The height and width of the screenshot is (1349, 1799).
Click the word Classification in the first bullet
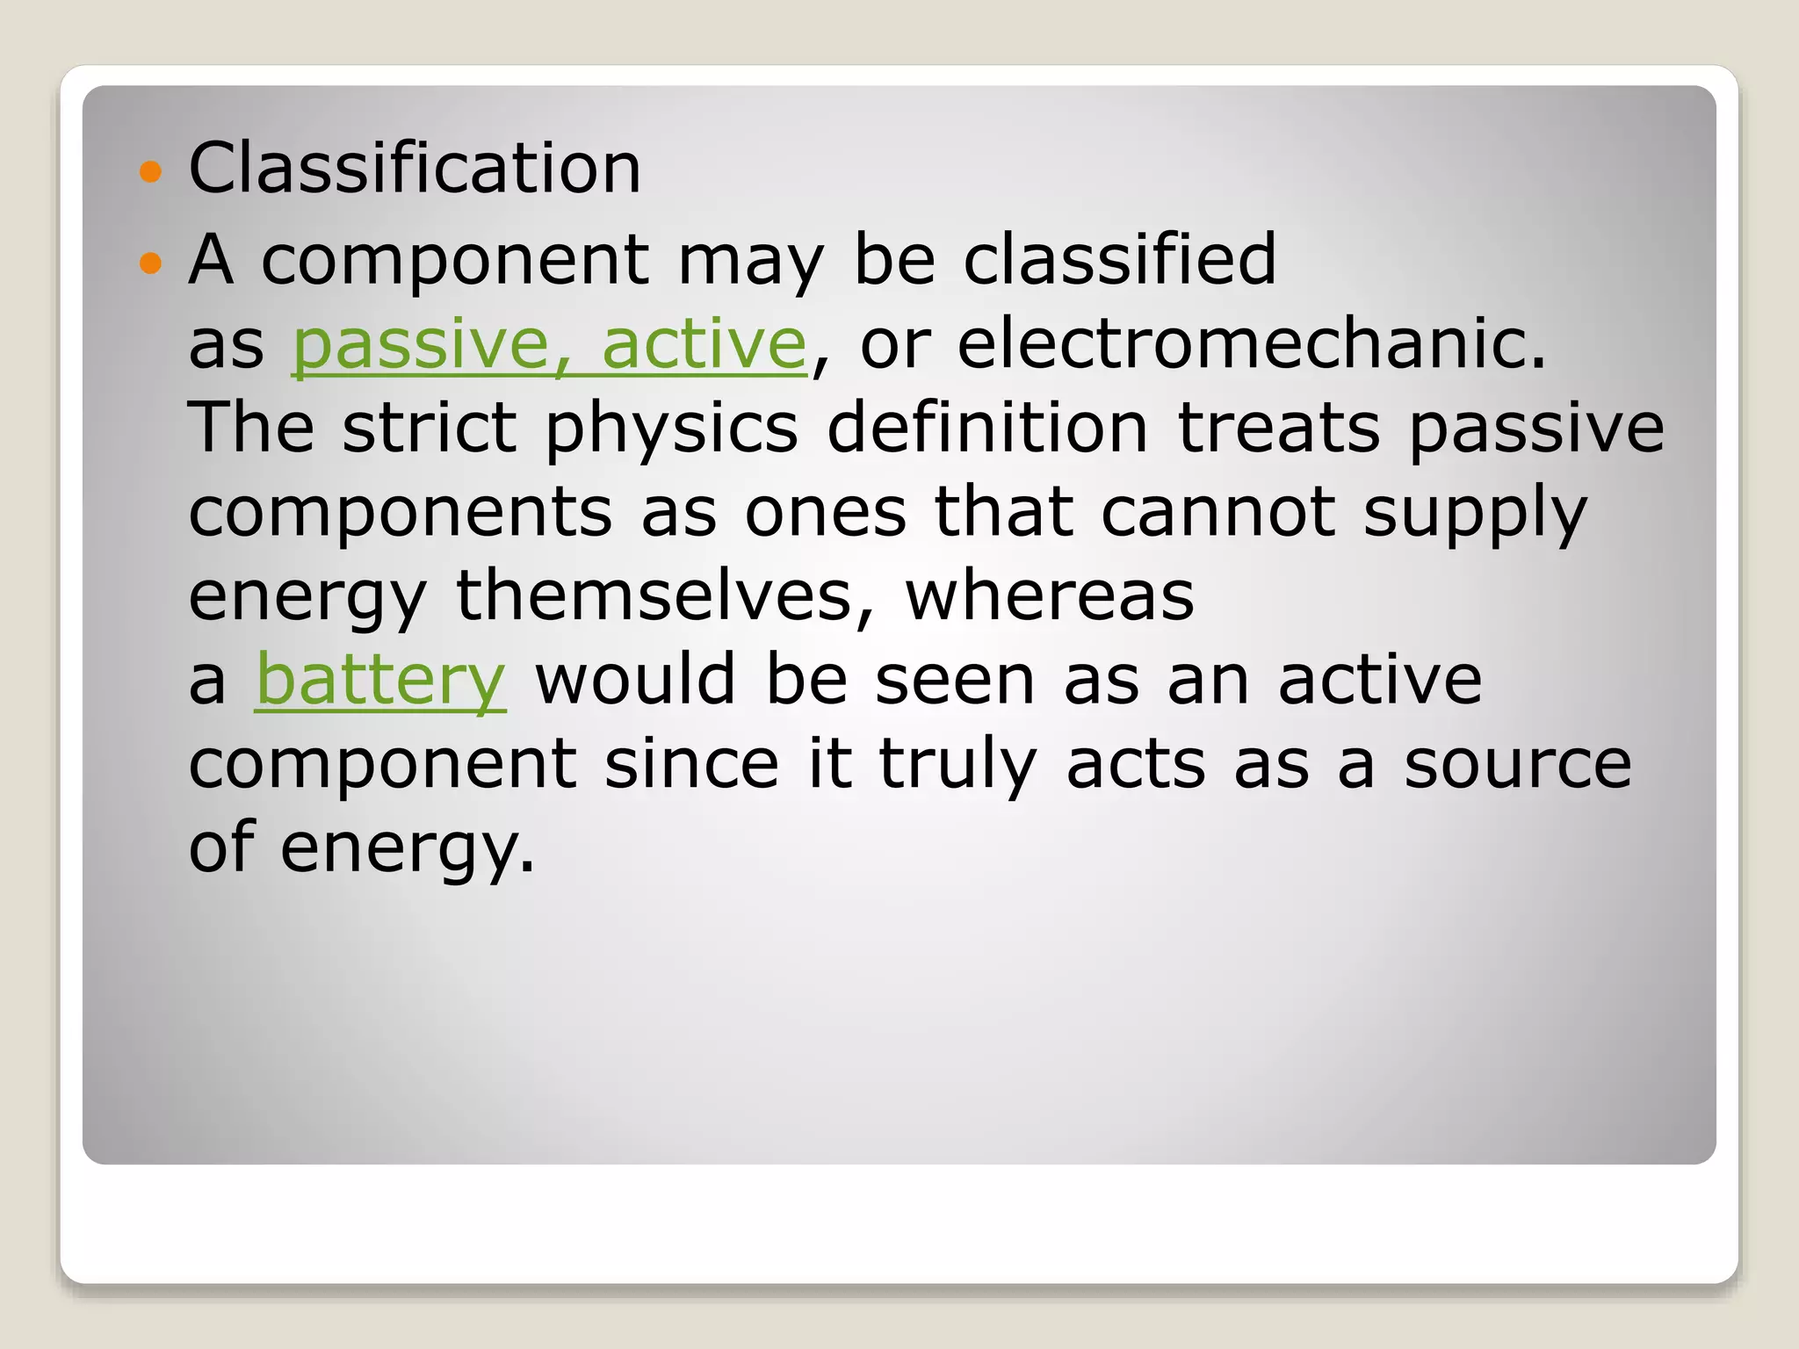pyautogui.click(x=415, y=168)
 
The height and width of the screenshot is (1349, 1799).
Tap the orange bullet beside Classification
pyautogui.click(x=151, y=170)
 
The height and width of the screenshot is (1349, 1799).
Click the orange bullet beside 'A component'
pyautogui.click(x=151, y=263)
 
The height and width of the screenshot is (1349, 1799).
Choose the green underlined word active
pyautogui.click(x=704, y=344)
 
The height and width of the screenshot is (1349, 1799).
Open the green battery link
pyautogui.click(x=380, y=680)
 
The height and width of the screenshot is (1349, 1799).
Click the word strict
pyautogui.click(x=430, y=428)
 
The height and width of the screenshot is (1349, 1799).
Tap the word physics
pyautogui.click(x=672, y=429)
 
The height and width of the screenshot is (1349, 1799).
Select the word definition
pyautogui.click(x=987, y=428)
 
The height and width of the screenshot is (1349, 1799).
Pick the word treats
pyautogui.click(x=1278, y=428)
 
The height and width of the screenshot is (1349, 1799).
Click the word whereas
pyautogui.click(x=1050, y=596)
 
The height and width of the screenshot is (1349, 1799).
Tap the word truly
pyautogui.click(x=957, y=765)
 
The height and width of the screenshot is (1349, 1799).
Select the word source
pyautogui.click(x=1518, y=765)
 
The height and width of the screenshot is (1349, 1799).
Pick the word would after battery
pyautogui.click(x=635, y=680)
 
